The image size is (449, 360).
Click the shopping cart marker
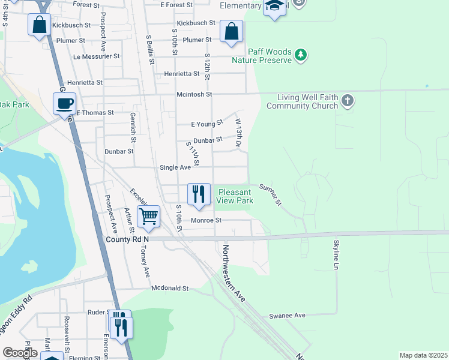(x=148, y=216)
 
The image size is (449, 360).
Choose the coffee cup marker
(x=64, y=103)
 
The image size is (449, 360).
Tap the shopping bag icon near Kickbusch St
(x=40, y=25)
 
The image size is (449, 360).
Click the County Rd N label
(x=127, y=239)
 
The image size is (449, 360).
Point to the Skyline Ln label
(x=336, y=254)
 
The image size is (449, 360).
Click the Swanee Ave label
(x=288, y=316)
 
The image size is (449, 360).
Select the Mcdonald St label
(x=170, y=289)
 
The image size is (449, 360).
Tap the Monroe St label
(x=206, y=220)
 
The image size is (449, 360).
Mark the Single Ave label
(x=175, y=167)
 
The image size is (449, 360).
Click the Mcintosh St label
(x=194, y=94)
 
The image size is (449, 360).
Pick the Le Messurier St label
(x=96, y=56)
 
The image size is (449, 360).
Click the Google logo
(x=20, y=353)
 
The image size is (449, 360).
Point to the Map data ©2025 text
(x=423, y=355)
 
